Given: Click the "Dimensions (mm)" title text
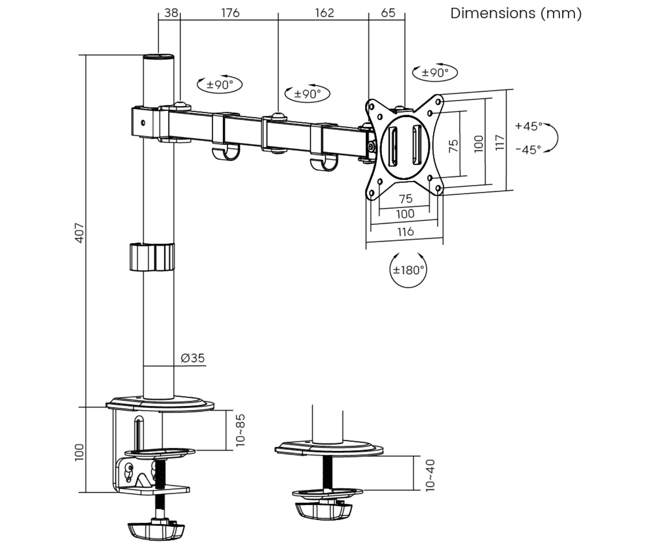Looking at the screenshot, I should [x=516, y=13].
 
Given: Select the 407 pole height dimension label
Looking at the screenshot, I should [x=79, y=233].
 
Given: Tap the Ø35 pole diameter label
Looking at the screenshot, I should [x=193, y=358].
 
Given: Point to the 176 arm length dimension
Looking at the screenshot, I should [x=230, y=13].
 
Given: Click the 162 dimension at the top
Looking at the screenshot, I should [x=324, y=13].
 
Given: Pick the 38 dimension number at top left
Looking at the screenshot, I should [x=171, y=13].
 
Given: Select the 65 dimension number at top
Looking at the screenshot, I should [x=388, y=13].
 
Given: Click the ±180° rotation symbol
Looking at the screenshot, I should [x=408, y=270].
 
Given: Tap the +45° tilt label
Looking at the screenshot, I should [x=528, y=126].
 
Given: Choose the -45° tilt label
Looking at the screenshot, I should [x=528, y=150].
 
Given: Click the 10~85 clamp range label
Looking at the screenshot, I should [x=241, y=430].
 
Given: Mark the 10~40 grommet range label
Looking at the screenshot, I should [x=430, y=475].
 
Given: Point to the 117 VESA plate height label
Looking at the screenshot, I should [x=500, y=142].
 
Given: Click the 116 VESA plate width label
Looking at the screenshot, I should [x=405, y=232].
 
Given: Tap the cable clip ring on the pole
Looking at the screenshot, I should [x=152, y=257].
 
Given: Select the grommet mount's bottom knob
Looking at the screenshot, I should [x=324, y=510].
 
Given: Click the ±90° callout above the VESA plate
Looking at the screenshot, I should [x=435, y=73].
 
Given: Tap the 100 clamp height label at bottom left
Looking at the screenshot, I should [x=79, y=452].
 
